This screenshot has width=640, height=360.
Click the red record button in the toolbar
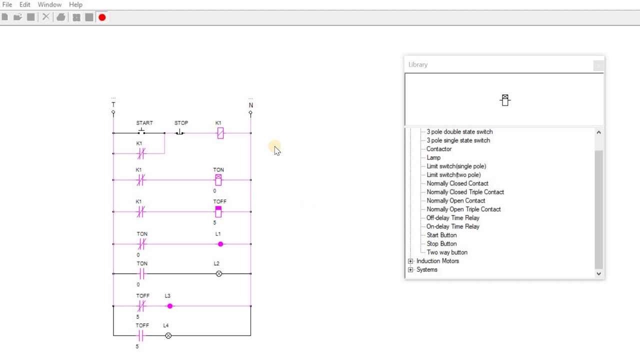(x=102, y=17)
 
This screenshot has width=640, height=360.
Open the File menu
(x=7, y=4)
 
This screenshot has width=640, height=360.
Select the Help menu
(x=75, y=4)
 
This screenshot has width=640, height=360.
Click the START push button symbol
(x=141, y=131)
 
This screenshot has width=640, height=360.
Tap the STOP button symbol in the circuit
(x=179, y=132)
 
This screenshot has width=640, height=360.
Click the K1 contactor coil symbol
(x=220, y=133)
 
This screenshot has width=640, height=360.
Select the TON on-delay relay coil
(x=218, y=180)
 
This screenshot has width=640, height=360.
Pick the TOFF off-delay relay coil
(x=218, y=211)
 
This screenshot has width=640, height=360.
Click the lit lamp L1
(x=220, y=244)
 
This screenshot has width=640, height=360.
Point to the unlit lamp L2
(x=219, y=273)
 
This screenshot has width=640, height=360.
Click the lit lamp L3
(x=170, y=306)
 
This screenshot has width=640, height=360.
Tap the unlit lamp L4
(x=168, y=335)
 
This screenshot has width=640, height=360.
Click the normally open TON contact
(x=142, y=273)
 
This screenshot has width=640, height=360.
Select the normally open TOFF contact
(x=140, y=335)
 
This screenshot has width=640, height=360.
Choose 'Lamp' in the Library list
(x=433, y=157)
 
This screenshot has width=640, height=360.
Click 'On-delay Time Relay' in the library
(x=453, y=226)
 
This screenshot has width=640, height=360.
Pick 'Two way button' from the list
(x=447, y=252)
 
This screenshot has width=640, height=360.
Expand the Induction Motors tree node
(x=410, y=261)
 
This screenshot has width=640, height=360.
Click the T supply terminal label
(x=113, y=104)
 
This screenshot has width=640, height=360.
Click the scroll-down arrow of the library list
(x=599, y=273)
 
